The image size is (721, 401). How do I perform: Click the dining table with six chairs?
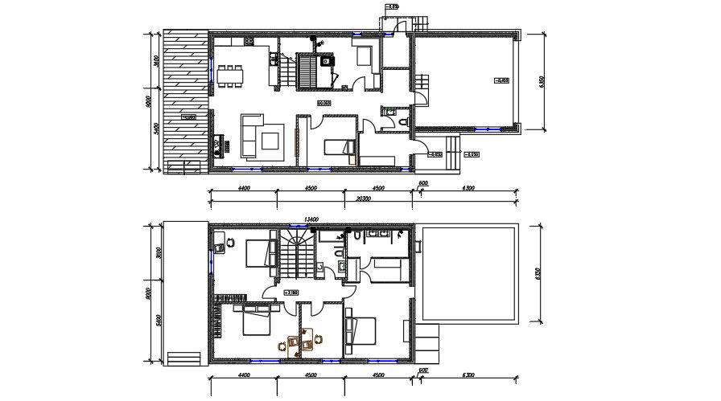pyautogui.click(x=233, y=74)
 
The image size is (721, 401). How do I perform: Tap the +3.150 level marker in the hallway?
pyautogui.click(x=292, y=293)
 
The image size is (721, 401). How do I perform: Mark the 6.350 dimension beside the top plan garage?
pyautogui.click(x=542, y=83)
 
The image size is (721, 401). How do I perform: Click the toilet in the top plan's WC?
pyautogui.click(x=405, y=120)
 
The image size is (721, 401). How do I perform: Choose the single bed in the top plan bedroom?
pyautogui.click(x=340, y=147)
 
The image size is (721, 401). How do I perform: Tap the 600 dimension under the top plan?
pyautogui.click(x=422, y=184)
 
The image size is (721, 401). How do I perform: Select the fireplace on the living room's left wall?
pyautogui.click(x=217, y=147)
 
